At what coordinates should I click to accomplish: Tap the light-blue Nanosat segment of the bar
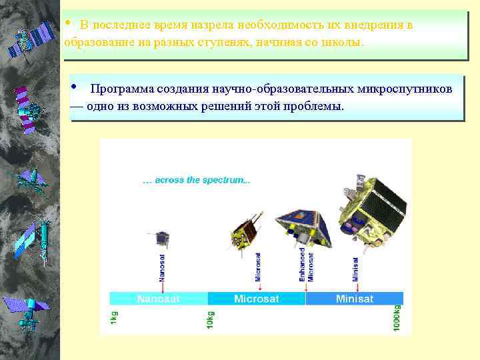159,299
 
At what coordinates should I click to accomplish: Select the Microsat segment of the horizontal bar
257,299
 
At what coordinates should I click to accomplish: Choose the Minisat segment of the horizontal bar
354,299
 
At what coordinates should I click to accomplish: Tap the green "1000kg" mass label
397,317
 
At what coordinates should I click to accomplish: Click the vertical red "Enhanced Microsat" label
306,264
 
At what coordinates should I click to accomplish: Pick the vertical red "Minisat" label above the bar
355,266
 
